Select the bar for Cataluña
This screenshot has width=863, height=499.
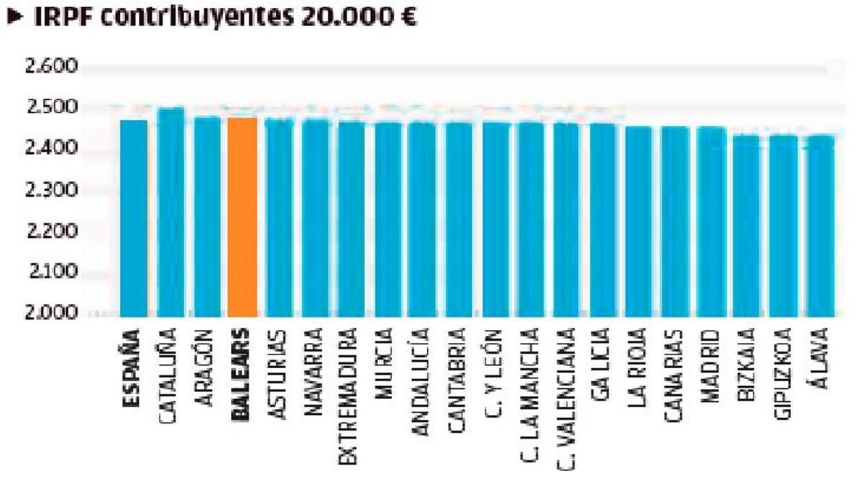click(x=170, y=212)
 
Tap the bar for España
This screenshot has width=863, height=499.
click(x=134, y=219)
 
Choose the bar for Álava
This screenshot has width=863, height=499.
click(x=820, y=226)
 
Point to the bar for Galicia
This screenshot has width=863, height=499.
click(x=603, y=220)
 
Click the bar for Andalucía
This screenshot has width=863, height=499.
click(x=422, y=219)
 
